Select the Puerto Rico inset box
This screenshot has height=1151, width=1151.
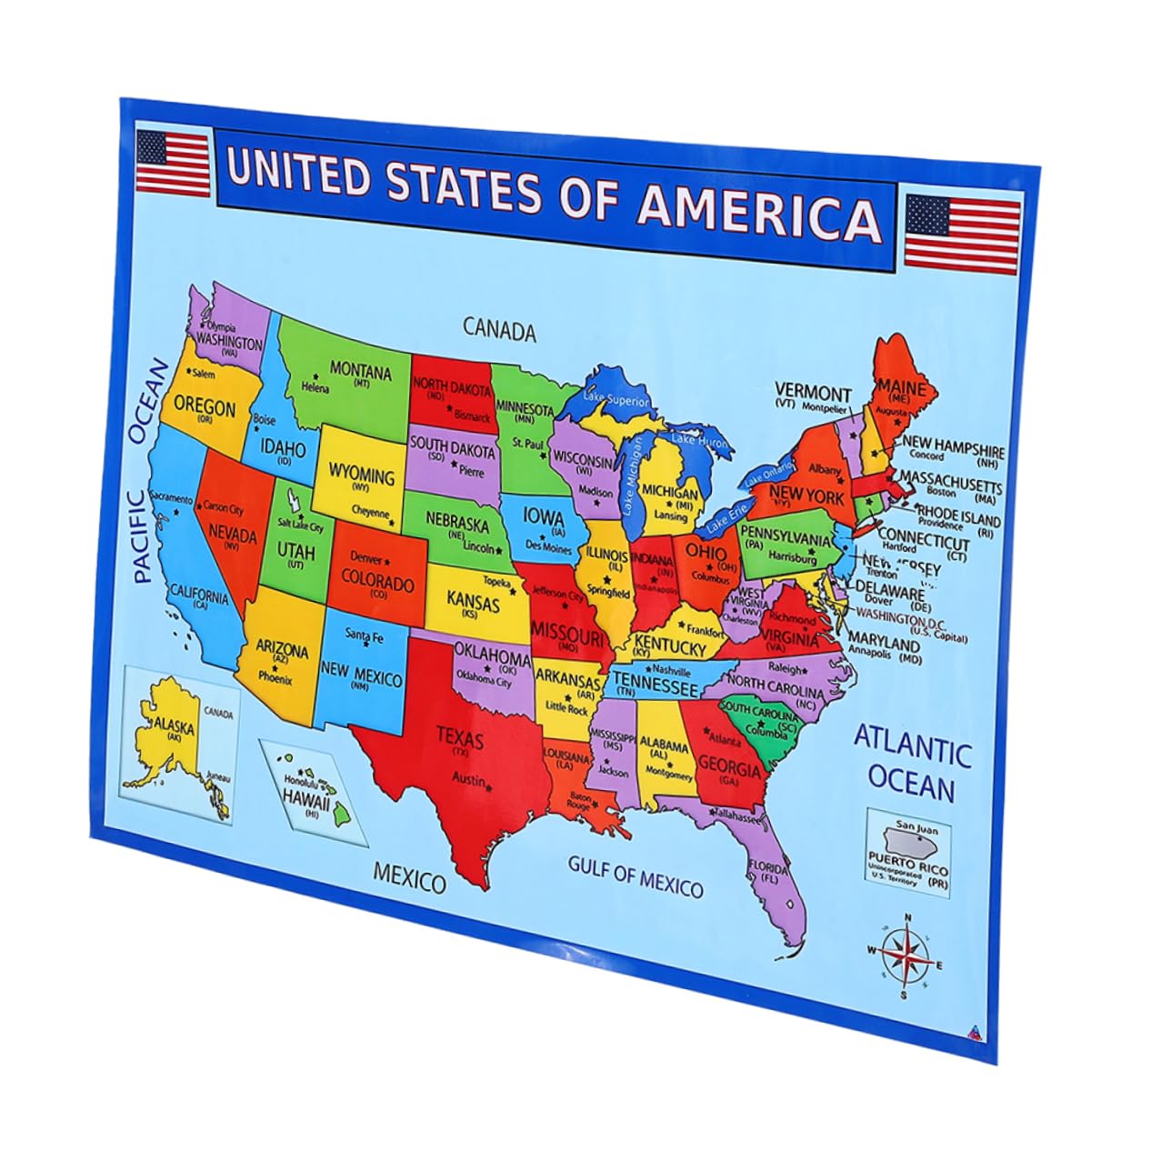pyautogui.click(x=906, y=853)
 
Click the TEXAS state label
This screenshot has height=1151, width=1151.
pyautogui.click(x=459, y=736)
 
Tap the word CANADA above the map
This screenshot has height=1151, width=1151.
pyautogui.click(x=499, y=328)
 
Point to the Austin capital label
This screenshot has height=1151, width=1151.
pyautogui.click(x=469, y=779)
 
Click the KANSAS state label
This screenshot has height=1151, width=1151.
pyautogui.click(x=473, y=602)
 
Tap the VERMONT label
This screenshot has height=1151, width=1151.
pyautogui.click(x=813, y=393)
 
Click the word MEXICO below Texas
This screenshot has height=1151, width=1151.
pyautogui.click(x=410, y=878)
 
